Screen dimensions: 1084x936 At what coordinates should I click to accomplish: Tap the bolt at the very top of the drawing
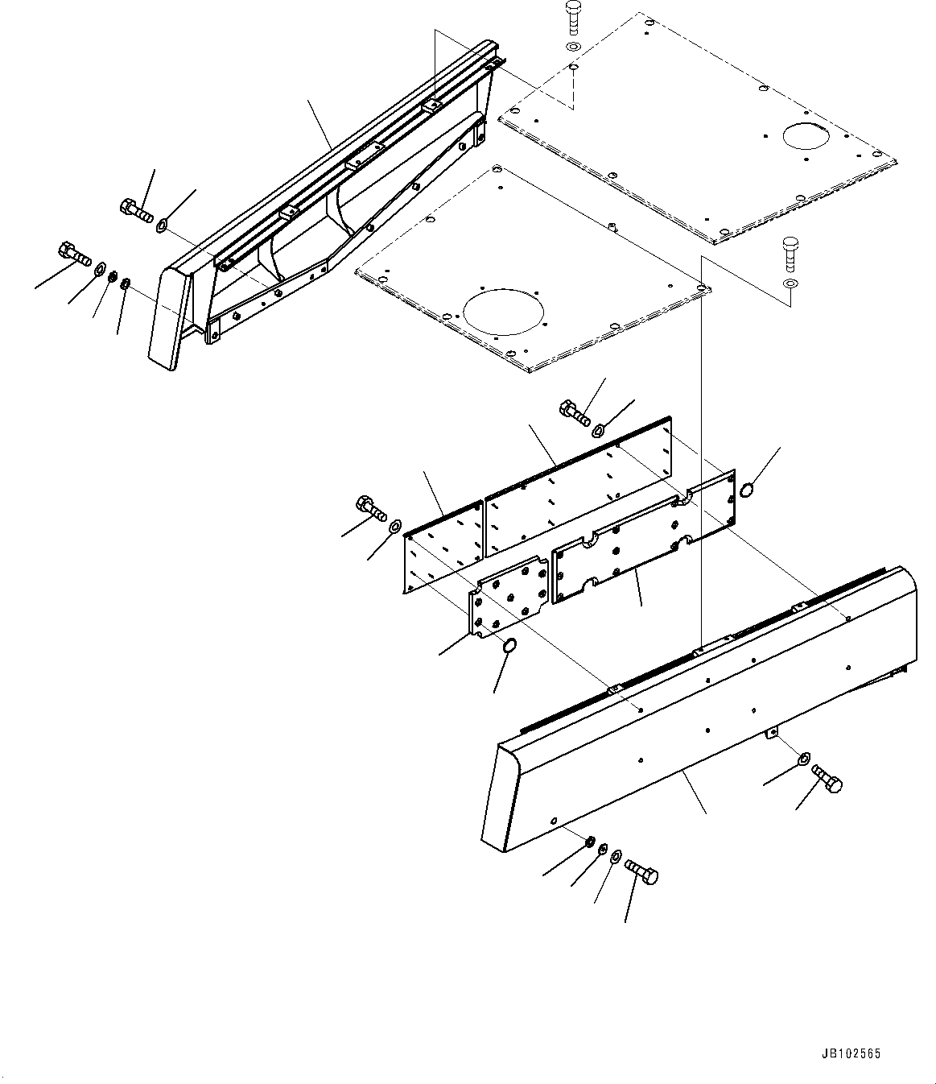pyautogui.click(x=572, y=16)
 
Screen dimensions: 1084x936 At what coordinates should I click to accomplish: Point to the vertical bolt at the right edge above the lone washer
pyautogui.click(x=790, y=253)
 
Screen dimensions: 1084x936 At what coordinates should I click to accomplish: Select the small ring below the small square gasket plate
pyautogui.click(x=509, y=646)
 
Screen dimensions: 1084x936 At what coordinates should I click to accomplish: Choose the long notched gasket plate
pyautogui.click(x=644, y=536)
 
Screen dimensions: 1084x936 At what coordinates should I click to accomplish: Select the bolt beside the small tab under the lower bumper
pyautogui.click(x=827, y=778)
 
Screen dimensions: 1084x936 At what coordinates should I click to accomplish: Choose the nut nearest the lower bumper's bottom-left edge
pyautogui.click(x=590, y=842)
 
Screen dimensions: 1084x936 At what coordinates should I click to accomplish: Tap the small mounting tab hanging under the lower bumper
pyautogui.click(x=772, y=731)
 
